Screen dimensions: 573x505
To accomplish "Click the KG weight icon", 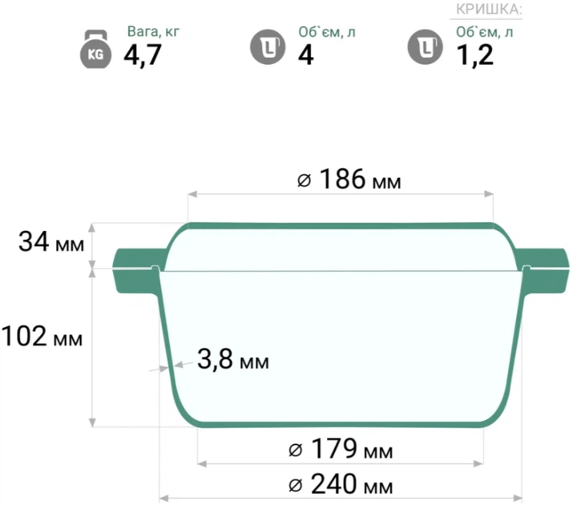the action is [x=95, y=50].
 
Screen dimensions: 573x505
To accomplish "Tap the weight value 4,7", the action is [x=142, y=55].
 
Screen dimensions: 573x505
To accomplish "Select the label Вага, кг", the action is [x=153, y=32].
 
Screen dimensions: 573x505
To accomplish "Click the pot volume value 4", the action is [x=306, y=55].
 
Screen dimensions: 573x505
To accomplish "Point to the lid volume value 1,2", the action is [x=475, y=55].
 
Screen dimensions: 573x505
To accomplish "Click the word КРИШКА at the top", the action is [x=489, y=10].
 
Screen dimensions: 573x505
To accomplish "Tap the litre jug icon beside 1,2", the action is [x=425, y=47].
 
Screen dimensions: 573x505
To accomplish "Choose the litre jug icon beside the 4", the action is [x=268, y=47].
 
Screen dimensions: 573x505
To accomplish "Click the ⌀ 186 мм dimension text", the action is [x=349, y=179].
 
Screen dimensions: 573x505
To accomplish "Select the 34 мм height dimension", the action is [x=51, y=242].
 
